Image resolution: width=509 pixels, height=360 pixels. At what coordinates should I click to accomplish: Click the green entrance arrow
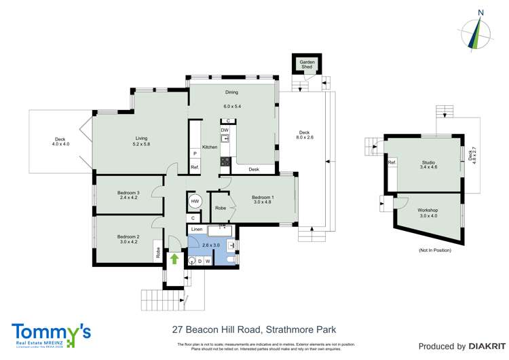click(x=174, y=259)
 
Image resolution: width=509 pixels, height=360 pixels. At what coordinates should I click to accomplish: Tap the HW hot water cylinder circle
click(x=195, y=202)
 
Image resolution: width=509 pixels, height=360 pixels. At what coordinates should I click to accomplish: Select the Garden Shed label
click(x=307, y=66)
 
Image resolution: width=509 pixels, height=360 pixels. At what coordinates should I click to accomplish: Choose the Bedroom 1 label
click(x=261, y=197)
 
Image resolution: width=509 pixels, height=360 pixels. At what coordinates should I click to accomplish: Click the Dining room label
click(x=231, y=92)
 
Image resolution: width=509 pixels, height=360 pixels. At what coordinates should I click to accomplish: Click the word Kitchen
click(x=209, y=147)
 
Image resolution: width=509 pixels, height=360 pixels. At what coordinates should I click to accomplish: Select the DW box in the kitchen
click(x=224, y=130)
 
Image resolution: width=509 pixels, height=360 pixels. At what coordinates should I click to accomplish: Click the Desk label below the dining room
click(x=254, y=169)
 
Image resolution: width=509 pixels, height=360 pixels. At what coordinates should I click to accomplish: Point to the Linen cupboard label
click(x=196, y=230)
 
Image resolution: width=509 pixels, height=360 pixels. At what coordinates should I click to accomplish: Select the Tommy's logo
click(x=51, y=334)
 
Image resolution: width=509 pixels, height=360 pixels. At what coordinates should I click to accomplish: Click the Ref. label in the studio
click(x=392, y=163)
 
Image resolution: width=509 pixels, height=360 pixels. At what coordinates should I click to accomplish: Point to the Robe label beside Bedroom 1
click(x=221, y=208)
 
